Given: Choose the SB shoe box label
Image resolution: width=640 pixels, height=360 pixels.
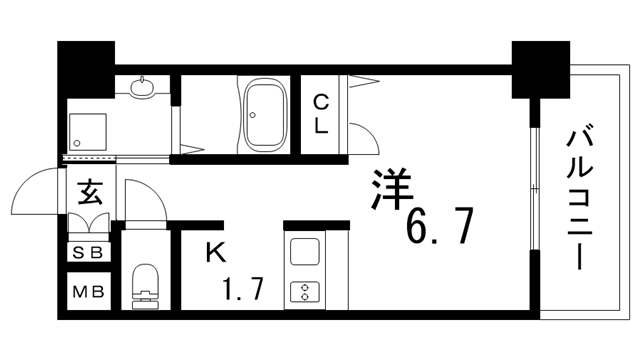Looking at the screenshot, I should (x=87, y=253).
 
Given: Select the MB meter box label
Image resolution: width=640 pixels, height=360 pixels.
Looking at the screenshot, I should (x=87, y=294).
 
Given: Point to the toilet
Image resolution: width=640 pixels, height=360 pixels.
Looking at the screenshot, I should (x=146, y=286).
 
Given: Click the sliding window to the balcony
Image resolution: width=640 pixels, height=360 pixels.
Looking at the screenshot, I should (x=536, y=190).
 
